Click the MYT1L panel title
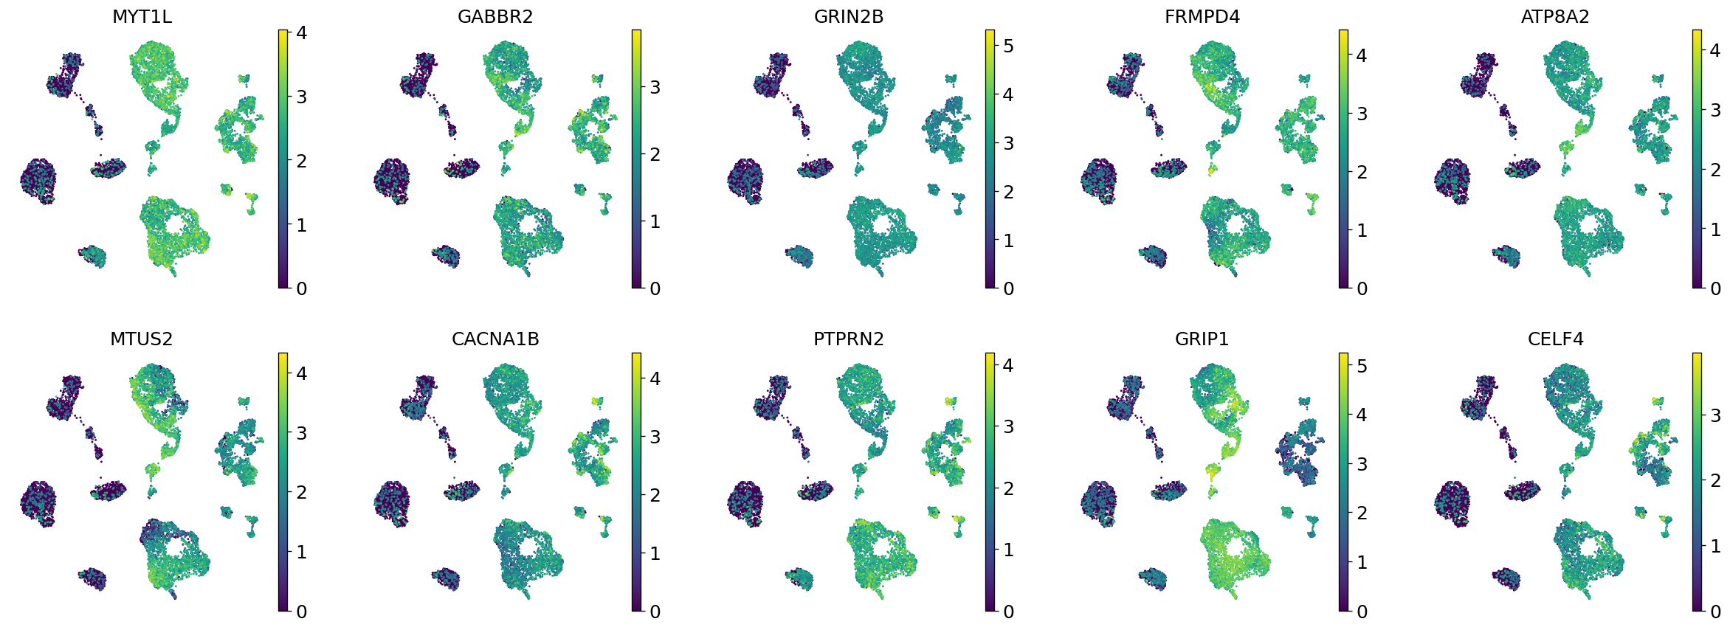(142, 17)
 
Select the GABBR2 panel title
(495, 17)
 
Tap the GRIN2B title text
(849, 17)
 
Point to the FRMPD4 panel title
(1202, 17)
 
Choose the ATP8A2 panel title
(1555, 17)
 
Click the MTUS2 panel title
(142, 339)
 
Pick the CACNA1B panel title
(495, 339)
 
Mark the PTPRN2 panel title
(849, 339)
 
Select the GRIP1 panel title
(1202, 339)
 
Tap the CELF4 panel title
(1555, 339)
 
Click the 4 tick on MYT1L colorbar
(301, 32)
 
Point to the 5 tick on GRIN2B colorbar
(1008, 46)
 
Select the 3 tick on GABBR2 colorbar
(655, 87)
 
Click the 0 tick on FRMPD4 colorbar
(1362, 288)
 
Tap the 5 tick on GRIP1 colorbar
(1362, 366)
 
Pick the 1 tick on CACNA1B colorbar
(655, 553)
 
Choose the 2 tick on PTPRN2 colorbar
(1008, 488)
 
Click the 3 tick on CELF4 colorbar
(1715, 415)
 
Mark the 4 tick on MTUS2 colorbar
(301, 374)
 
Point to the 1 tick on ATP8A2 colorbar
(1715, 229)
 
